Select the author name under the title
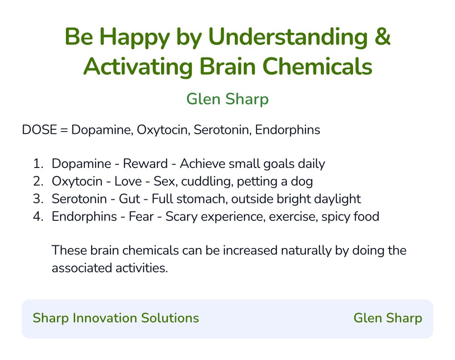coord(227,99)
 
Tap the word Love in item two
coord(128,182)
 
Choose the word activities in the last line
coord(138,268)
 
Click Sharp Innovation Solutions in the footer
coord(116,318)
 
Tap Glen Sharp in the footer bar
coord(388,318)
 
